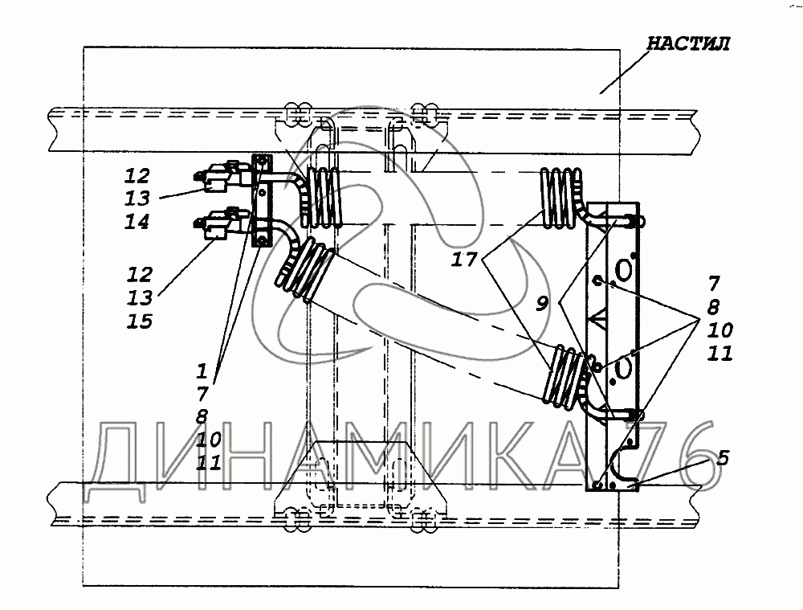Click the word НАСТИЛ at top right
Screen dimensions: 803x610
[x=688, y=43]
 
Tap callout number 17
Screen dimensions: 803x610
[x=464, y=260]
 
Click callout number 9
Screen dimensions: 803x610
[x=542, y=304]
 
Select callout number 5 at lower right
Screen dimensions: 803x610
[x=722, y=457]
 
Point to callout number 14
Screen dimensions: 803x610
[x=137, y=222]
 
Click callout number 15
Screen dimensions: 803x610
[x=139, y=321]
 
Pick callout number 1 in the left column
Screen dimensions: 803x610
[x=202, y=371]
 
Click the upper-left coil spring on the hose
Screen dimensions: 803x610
[x=321, y=198]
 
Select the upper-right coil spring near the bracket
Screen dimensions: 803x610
[x=561, y=198]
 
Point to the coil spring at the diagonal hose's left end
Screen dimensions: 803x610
[x=304, y=269]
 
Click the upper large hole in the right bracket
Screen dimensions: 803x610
[x=623, y=270]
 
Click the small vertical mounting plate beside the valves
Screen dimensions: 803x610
[x=263, y=200]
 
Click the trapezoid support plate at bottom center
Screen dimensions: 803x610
[x=360, y=477]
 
